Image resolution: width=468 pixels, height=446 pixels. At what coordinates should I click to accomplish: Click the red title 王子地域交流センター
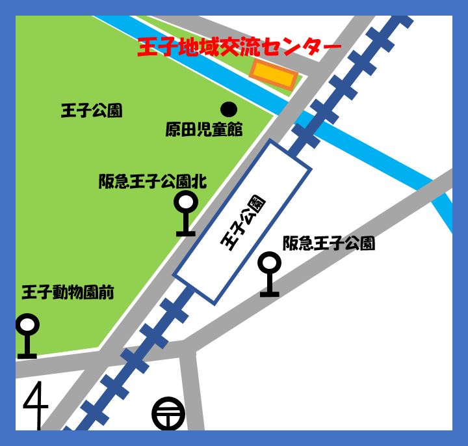[x=239, y=48]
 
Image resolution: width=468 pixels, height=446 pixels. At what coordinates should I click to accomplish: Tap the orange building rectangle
[x=274, y=76]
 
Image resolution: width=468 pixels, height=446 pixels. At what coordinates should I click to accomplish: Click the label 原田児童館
[x=203, y=130]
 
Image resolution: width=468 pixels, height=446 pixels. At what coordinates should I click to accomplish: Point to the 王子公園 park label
[x=91, y=111]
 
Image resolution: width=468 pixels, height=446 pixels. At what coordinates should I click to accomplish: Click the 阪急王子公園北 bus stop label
[x=152, y=182]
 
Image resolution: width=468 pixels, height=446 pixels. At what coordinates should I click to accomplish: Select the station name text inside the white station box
[x=243, y=221]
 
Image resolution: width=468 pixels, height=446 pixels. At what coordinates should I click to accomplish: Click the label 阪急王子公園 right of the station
[x=328, y=244]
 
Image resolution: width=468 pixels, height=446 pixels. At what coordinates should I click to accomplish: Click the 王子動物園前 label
[x=68, y=292]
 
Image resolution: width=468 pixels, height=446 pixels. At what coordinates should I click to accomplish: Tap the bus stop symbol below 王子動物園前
[x=27, y=336]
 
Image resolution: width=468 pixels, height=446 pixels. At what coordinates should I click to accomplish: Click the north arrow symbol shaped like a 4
[x=36, y=405]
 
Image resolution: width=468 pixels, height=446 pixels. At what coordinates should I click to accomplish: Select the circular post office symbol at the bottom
[x=168, y=414]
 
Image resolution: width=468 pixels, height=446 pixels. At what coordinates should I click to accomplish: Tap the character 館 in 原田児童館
[x=235, y=130]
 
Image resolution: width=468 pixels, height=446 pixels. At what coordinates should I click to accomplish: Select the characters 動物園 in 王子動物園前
[x=75, y=292]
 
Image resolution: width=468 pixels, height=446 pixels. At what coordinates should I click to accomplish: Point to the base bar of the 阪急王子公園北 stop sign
[x=186, y=232]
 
